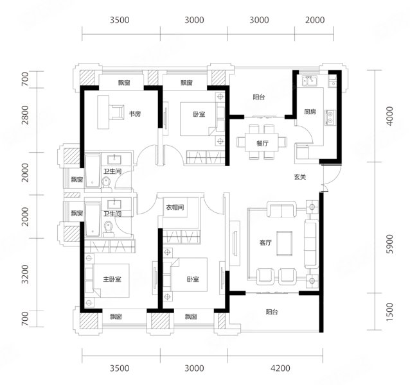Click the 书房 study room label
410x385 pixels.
135,114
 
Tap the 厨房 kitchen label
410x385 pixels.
310,112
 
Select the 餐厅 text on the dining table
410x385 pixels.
262,143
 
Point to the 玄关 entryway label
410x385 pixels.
299,177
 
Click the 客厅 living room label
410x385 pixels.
265,243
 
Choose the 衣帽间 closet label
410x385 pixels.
175,207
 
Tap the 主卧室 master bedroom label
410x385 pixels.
112,279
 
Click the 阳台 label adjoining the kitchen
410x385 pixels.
259,97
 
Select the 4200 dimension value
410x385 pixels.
280,368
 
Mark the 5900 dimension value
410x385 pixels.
389,244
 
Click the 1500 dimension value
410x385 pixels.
389,312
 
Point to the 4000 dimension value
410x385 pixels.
389,116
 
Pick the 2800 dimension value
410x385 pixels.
25,115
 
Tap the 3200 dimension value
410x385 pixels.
25,274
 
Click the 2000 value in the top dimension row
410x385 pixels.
315,20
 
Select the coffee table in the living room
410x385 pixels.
285,244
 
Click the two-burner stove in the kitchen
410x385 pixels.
330,117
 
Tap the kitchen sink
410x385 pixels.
310,80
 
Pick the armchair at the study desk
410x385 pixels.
116,112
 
